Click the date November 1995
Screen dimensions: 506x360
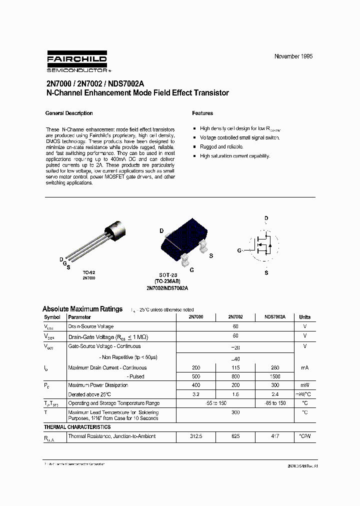pyautogui.click(x=293, y=56)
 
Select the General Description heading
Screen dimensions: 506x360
pyautogui.click(x=69, y=113)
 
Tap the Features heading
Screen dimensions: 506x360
pyautogui.click(x=202, y=113)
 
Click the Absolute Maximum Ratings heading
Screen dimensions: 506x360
pyautogui.click(x=82, y=309)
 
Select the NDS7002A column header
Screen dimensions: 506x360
pyautogui.click(x=275, y=317)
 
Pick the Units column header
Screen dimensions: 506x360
pyautogui.click(x=304, y=317)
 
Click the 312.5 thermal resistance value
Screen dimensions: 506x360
pyautogui.click(x=195, y=436)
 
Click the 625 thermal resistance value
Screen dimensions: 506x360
pyautogui.click(x=235, y=436)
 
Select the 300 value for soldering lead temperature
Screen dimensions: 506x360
pyautogui.click(x=235, y=412)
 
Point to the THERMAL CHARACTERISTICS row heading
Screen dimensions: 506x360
pyautogui.click(x=77, y=427)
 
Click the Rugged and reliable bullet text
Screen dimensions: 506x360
pyautogui.click(x=221, y=147)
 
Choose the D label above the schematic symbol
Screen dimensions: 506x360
pyautogui.click(x=266, y=218)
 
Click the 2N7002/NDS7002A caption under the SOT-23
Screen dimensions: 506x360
pyautogui.click(x=167, y=288)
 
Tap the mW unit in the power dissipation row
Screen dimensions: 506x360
pyautogui.click(x=304, y=385)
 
